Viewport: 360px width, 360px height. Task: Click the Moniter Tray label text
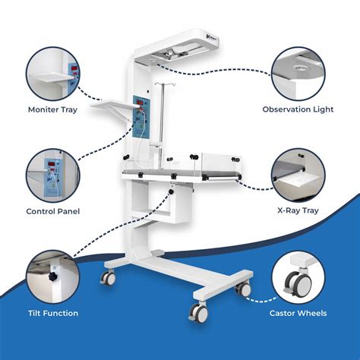pyautogui.click(x=52, y=110)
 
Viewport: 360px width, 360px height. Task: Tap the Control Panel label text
pyautogui.click(x=53, y=211)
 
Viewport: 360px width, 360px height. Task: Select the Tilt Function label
pyautogui.click(x=53, y=313)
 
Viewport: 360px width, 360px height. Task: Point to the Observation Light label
pyautogui.click(x=298, y=109)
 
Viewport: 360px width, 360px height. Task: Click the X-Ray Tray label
pyautogui.click(x=298, y=210)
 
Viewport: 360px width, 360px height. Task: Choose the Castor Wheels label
pyautogui.click(x=298, y=313)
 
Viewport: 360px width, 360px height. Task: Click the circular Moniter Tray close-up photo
pyautogui.click(x=53, y=74)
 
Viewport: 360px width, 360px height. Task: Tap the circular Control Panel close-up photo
pyautogui.click(x=53, y=175)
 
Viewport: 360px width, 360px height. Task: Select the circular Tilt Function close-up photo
pyautogui.click(x=53, y=277)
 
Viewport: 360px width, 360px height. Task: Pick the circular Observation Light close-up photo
pyautogui.click(x=298, y=74)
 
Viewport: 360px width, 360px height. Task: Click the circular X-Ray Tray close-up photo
pyautogui.click(x=298, y=175)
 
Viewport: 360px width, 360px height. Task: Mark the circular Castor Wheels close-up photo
pyautogui.click(x=298, y=277)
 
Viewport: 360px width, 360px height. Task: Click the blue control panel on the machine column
pyautogui.click(x=142, y=117)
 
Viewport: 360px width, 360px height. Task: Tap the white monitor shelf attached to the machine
pyautogui.click(x=113, y=105)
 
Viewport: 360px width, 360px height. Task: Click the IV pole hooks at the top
pyautogui.click(x=162, y=84)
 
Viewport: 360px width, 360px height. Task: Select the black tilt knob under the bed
pyautogui.click(x=171, y=191)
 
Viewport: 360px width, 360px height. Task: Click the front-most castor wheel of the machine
pyautogui.click(x=199, y=312)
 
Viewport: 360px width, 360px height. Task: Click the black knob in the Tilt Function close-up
pyautogui.click(x=53, y=276)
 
